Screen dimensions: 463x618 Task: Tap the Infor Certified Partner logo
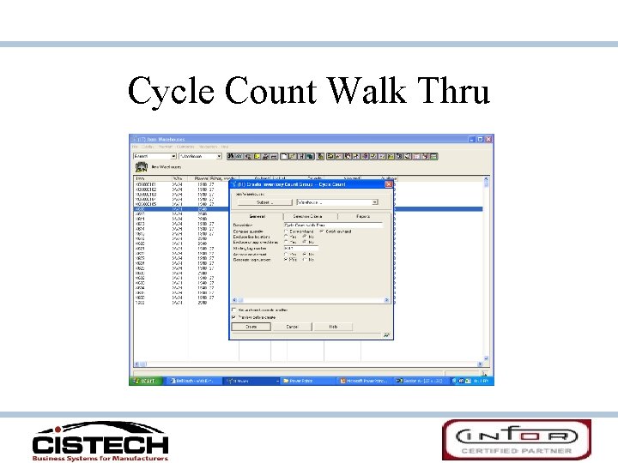click(x=517, y=439)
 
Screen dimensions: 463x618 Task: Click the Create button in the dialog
click(x=251, y=327)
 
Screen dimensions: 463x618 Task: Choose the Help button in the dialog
click(x=334, y=327)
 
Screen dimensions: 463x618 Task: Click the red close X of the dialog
click(x=388, y=184)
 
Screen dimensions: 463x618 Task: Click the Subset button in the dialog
click(x=264, y=202)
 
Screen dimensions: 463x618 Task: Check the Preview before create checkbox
click(x=233, y=316)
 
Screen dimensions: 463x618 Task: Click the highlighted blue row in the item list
click(x=180, y=209)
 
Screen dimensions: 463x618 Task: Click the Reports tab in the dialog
click(x=363, y=216)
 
